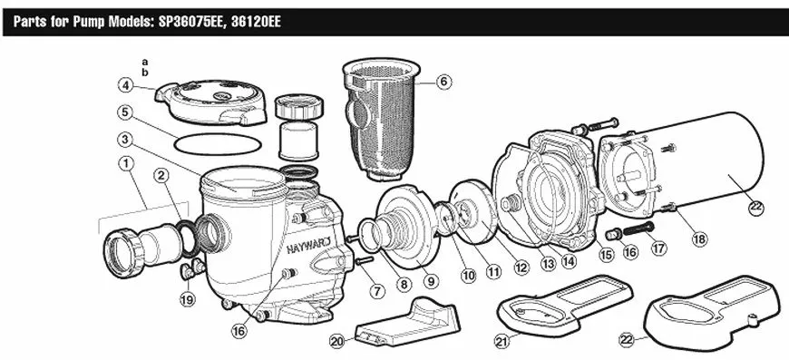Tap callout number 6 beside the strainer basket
443,82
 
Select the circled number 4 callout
125,85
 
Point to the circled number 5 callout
125,112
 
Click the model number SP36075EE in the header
187,23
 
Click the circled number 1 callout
126,163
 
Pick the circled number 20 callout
337,341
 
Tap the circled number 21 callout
502,342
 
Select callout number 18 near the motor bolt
699,238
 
